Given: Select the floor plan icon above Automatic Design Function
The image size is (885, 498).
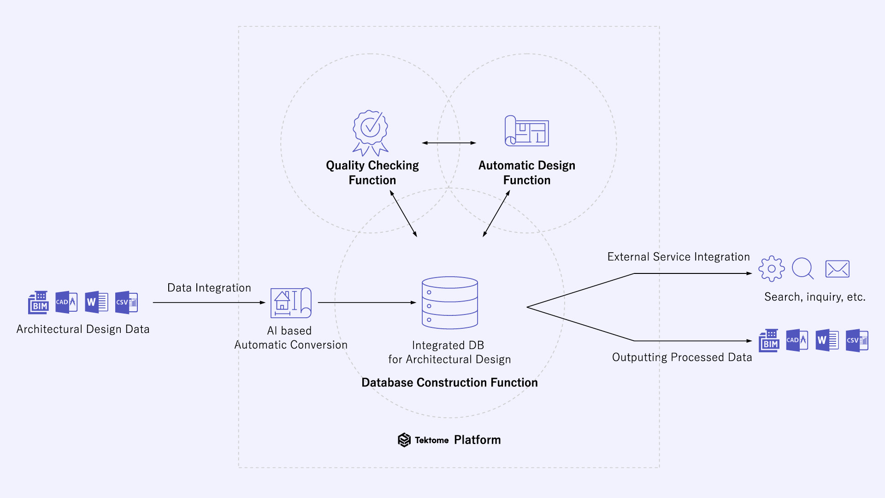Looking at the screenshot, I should [x=527, y=131].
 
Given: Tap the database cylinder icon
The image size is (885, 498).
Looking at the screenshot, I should [x=450, y=302].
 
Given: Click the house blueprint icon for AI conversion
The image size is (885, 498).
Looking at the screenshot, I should [x=291, y=303].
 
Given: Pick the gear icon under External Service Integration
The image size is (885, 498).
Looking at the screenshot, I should [x=771, y=269].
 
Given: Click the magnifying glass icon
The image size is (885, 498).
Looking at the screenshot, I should [x=802, y=268].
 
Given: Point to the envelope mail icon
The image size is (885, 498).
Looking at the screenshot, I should [x=837, y=269].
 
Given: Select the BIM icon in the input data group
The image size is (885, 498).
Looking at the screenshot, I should [x=38, y=302].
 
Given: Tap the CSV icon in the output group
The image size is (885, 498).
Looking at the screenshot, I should [x=857, y=341].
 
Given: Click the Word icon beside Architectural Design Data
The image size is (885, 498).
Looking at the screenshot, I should [x=96, y=302].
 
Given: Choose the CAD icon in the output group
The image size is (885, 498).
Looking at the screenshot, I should [x=797, y=341].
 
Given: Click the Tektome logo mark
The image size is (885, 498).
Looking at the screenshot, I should [x=404, y=440].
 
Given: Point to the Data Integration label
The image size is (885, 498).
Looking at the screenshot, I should [x=209, y=288].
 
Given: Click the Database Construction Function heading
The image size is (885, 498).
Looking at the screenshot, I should [x=449, y=383].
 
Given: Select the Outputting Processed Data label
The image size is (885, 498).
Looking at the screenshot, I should [x=682, y=357].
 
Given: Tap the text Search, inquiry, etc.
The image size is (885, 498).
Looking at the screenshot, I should [x=814, y=297].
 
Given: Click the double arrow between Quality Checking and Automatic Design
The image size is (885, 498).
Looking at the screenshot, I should [x=449, y=143].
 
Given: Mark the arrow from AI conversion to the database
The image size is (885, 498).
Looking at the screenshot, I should [x=367, y=302].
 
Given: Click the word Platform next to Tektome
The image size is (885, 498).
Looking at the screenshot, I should [x=477, y=440].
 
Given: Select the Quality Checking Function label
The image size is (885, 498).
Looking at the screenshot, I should [x=372, y=172].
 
